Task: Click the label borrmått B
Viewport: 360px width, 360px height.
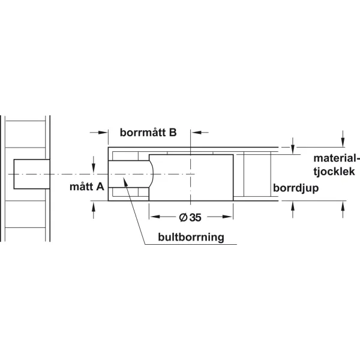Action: [148, 133]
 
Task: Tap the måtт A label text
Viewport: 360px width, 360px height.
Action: [87, 187]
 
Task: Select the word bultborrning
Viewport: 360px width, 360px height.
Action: [191, 237]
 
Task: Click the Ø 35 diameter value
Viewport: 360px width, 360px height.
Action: [190, 217]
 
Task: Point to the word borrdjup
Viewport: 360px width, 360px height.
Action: [296, 188]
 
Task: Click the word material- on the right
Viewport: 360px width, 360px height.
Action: [336, 158]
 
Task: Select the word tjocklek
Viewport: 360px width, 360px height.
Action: [334, 172]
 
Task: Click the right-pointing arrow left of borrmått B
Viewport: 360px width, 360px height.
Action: [99, 133]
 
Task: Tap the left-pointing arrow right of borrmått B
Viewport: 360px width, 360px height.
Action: [200, 133]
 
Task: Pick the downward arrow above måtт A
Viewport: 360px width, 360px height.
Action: [94, 164]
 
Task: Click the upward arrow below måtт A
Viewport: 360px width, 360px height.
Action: [94, 210]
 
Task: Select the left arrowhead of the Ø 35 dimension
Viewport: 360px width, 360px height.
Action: [155, 217]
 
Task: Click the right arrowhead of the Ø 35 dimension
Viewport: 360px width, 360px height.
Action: [227, 217]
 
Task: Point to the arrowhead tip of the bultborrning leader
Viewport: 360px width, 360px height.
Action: [124, 178]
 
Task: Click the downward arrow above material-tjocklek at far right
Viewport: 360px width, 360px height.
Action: [343, 139]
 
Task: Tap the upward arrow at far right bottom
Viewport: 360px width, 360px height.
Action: [343, 209]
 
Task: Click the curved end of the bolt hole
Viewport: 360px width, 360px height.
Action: [152, 174]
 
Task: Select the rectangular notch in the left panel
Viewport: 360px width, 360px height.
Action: [32, 174]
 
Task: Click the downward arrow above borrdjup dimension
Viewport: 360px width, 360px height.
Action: [293, 146]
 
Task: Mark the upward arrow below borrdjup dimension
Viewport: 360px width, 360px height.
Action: [293, 209]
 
